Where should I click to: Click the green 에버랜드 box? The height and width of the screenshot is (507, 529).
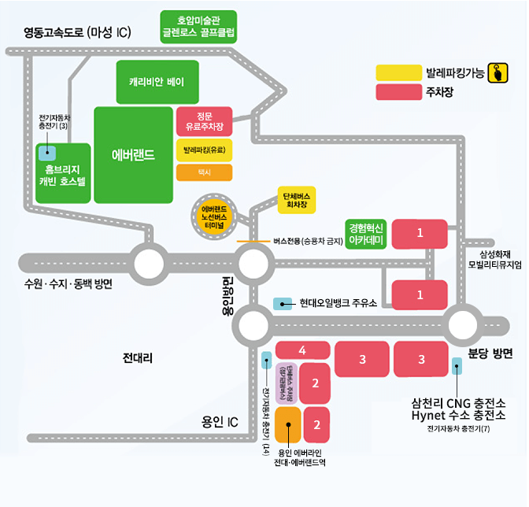pyautogui.click(x=133, y=154)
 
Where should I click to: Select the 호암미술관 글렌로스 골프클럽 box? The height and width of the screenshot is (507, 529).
pyautogui.click(x=198, y=26)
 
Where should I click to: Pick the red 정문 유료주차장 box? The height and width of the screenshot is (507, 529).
pyautogui.click(x=204, y=121)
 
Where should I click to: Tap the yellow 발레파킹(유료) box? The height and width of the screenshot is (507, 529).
pyautogui.click(x=204, y=148)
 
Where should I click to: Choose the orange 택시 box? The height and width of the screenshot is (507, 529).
pyautogui.click(x=204, y=171)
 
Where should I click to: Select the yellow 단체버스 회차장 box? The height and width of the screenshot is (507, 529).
pyautogui.click(x=297, y=200)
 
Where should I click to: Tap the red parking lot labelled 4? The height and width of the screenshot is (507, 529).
pyautogui.click(x=302, y=350)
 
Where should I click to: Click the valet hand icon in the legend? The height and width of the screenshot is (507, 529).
pyautogui.click(x=498, y=72)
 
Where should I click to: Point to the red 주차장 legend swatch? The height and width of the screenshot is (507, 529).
pyautogui.click(x=398, y=92)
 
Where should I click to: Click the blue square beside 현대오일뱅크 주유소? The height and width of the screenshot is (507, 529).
pyautogui.click(x=282, y=303)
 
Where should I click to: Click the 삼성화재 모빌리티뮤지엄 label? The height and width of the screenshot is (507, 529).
pyautogui.click(x=494, y=260)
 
